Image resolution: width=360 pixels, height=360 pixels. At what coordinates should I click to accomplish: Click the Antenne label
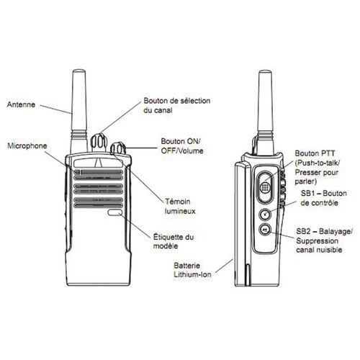point(21,104)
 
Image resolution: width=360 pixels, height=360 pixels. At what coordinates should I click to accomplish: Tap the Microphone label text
point(27,146)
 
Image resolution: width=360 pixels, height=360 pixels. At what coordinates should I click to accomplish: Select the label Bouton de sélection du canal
point(177,105)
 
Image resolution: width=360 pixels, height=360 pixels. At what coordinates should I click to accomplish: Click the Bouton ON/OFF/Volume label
point(182,146)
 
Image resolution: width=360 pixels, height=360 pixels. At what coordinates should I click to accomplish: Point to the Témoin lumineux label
point(180,206)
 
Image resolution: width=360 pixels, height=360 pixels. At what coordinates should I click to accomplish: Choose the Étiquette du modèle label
point(174,241)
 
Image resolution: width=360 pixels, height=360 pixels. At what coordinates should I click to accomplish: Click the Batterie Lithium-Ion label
point(192,270)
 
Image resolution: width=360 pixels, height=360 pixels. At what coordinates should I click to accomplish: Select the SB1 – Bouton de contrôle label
point(324,198)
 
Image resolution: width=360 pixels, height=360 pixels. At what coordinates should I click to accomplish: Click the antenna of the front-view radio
point(79,110)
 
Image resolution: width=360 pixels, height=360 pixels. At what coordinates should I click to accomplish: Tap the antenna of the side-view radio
point(265,110)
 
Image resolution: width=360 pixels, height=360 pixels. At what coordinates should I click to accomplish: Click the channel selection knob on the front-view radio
point(99,142)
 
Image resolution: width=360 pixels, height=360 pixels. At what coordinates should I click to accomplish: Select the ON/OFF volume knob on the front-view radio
point(118,148)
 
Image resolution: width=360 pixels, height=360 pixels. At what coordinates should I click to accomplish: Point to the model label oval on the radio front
point(115,212)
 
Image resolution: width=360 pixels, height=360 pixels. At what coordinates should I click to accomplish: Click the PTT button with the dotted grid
point(265,187)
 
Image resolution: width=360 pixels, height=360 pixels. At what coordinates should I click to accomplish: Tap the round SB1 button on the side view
point(265,214)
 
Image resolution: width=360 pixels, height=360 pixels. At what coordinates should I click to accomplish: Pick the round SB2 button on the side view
point(265,230)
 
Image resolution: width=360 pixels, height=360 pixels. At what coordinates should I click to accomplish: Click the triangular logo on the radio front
point(99,163)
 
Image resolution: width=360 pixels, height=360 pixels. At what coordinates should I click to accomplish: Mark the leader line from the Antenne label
point(55,109)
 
